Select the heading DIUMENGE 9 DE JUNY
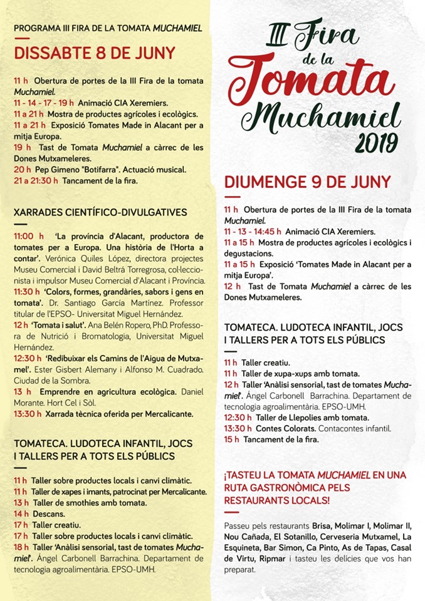coord(307,182)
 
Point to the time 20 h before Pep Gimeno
coord(22,170)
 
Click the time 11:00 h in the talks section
coord(28,237)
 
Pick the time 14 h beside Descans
coord(21,513)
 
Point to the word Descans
coord(47,513)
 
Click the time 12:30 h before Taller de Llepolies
coord(238,418)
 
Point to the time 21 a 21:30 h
coord(36,181)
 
